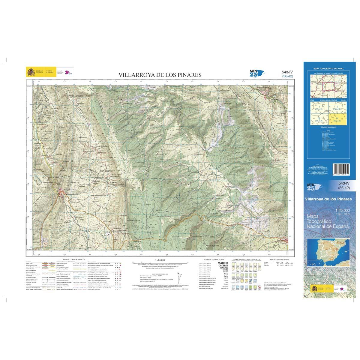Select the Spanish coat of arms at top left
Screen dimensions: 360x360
[x=31, y=72]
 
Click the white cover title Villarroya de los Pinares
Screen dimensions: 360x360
[x=328, y=199]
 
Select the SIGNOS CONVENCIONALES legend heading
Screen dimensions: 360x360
[x=74, y=259]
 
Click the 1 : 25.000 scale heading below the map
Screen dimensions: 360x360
[x=160, y=259]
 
